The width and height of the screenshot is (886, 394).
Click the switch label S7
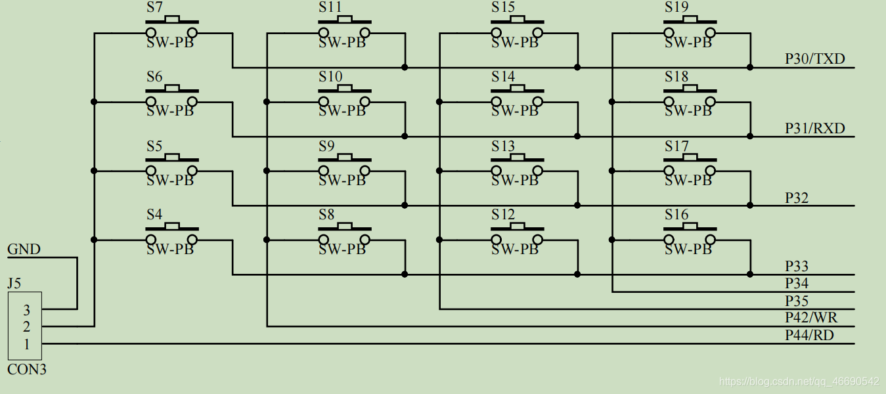[154, 8]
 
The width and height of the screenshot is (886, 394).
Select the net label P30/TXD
[815, 59]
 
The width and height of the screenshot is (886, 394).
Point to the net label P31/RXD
[815, 128]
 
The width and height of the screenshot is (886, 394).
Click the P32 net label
[797, 198]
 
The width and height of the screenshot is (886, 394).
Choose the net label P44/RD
[810, 336]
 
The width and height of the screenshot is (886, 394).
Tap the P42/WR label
[811, 318]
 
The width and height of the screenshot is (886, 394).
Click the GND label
[24, 250]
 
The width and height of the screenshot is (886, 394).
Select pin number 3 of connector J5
[27, 310]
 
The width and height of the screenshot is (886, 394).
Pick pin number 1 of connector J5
[27, 344]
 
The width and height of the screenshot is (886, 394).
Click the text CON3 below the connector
[27, 370]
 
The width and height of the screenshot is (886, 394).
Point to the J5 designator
[14, 284]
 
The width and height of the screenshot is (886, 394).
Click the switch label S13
[503, 146]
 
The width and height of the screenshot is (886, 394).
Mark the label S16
[676, 215]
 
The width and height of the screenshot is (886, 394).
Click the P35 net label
[797, 301]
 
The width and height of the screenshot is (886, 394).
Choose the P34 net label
[797, 284]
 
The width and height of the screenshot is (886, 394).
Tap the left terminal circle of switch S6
[151, 102]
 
